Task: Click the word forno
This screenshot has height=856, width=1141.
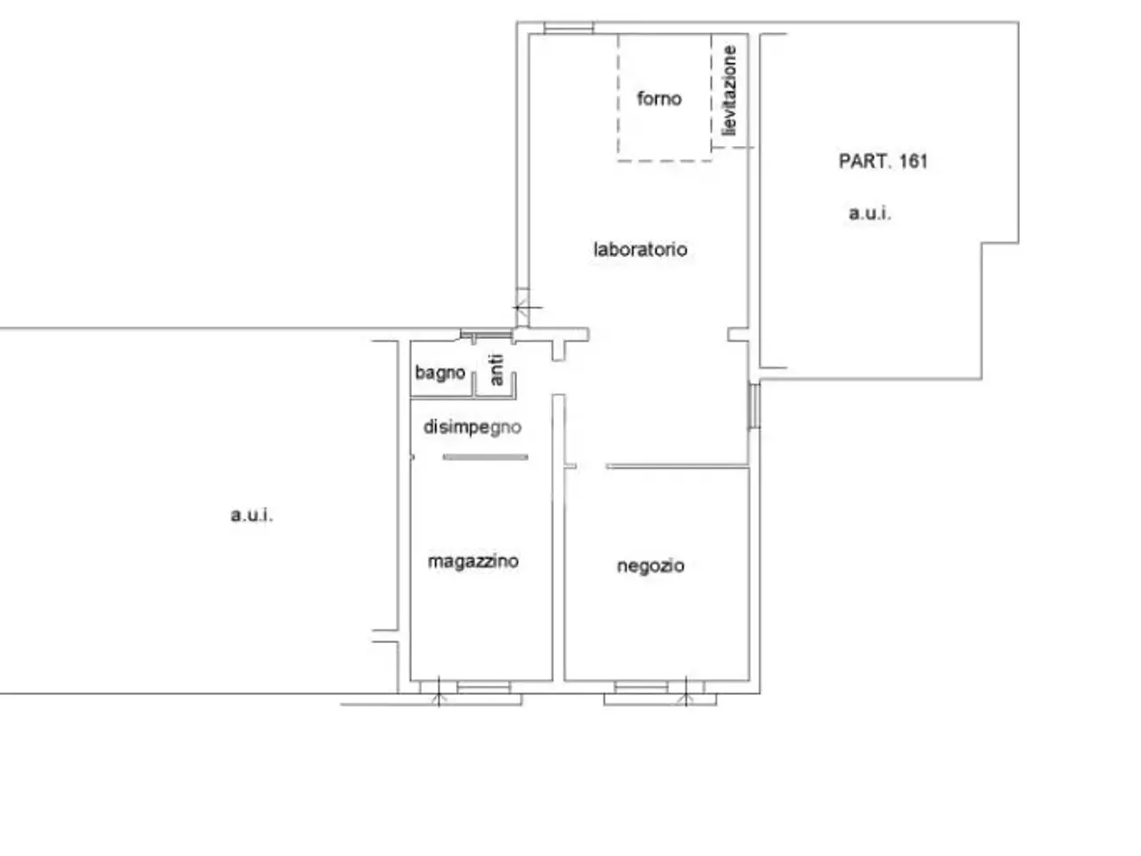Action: pyautogui.click(x=659, y=98)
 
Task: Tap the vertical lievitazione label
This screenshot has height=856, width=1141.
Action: pyautogui.click(x=730, y=91)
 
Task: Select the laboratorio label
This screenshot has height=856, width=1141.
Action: pyautogui.click(x=640, y=250)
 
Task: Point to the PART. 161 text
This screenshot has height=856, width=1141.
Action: pyautogui.click(x=882, y=161)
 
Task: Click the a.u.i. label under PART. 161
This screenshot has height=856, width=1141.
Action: pyautogui.click(x=870, y=213)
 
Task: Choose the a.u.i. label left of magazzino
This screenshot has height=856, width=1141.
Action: pyautogui.click(x=251, y=515)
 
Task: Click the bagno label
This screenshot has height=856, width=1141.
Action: pyautogui.click(x=439, y=374)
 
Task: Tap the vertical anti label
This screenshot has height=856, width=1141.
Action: pyautogui.click(x=497, y=370)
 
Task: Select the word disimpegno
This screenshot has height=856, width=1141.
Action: pyautogui.click(x=472, y=428)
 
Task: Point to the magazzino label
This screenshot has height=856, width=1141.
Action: pyautogui.click(x=473, y=562)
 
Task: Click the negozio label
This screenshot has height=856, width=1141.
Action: pyautogui.click(x=651, y=566)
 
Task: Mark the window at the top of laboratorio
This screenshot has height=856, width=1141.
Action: pyautogui.click(x=568, y=28)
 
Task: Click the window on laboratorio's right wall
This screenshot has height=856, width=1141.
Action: pyautogui.click(x=754, y=406)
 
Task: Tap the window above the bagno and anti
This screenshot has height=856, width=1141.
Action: pyautogui.click(x=487, y=335)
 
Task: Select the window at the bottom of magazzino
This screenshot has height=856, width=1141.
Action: pyautogui.click(x=483, y=687)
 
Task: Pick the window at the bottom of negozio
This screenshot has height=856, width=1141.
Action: pyautogui.click(x=641, y=687)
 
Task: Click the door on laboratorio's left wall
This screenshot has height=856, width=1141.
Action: pyautogui.click(x=523, y=308)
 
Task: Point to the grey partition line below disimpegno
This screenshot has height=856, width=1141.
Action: pyautogui.click(x=486, y=457)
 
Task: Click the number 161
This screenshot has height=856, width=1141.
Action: pyautogui.click(x=914, y=161)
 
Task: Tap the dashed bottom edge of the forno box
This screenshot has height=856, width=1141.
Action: pyautogui.click(x=665, y=160)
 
